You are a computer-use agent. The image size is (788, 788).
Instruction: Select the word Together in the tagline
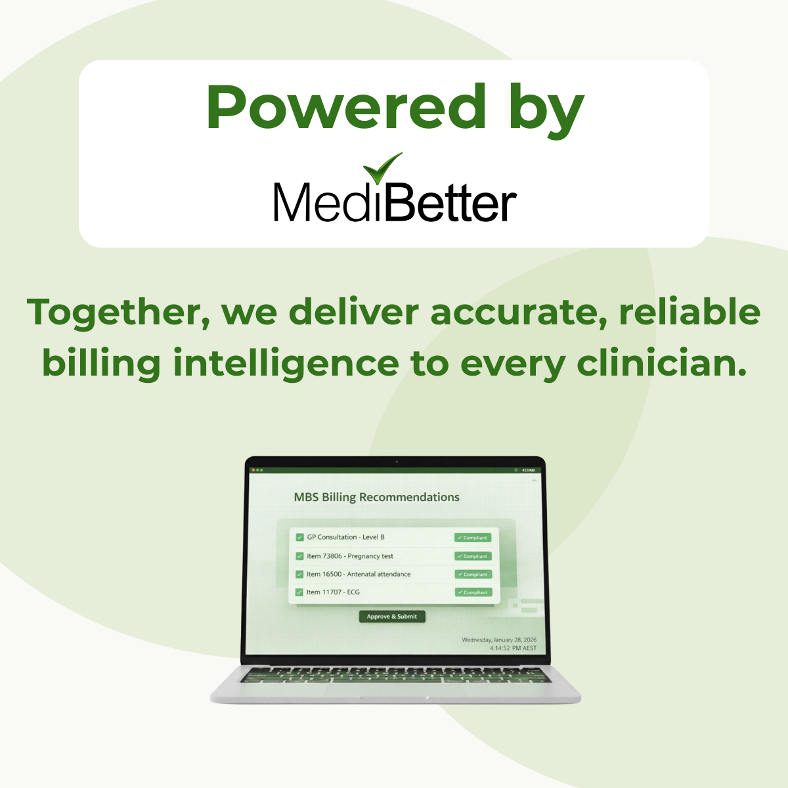(118, 313)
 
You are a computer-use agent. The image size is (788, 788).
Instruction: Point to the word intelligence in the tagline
(286, 364)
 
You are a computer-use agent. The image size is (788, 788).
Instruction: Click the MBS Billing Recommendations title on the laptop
(377, 497)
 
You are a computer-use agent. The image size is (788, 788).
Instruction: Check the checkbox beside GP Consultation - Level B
(299, 537)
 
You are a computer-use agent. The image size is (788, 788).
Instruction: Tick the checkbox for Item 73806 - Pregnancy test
(299, 556)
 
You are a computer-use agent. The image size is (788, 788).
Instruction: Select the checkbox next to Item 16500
(299, 574)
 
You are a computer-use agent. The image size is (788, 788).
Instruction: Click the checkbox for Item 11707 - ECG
(299, 592)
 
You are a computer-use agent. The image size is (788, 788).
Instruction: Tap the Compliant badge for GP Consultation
(473, 538)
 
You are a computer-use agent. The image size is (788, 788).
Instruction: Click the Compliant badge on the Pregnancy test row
(473, 556)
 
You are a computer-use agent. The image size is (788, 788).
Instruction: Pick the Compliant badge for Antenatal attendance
(473, 574)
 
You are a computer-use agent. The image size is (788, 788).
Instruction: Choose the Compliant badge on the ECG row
(473, 592)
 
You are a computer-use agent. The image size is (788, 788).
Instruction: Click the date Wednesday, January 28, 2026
(499, 640)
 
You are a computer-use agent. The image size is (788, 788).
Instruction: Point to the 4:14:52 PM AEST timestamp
(513, 648)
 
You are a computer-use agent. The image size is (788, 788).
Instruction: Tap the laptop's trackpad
(395, 689)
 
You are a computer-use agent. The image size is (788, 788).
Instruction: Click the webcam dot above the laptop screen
(397, 462)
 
